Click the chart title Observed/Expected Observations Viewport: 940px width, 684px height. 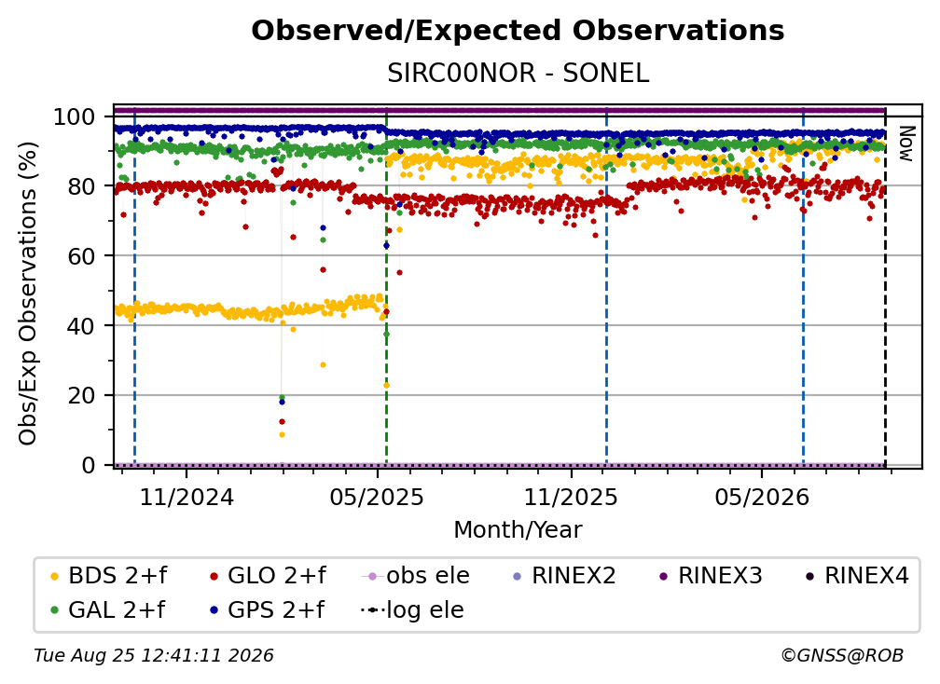518,31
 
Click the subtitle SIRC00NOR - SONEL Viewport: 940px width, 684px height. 518,73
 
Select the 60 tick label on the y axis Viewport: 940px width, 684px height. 81,255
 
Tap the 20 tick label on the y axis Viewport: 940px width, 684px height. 81,395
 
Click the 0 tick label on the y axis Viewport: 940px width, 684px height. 88,465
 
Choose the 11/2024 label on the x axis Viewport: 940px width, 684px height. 187,497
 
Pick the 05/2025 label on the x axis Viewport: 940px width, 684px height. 377,497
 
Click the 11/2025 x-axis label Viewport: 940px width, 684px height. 571,497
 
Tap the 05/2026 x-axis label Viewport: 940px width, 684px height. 761,497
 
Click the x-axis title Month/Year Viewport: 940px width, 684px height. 518,529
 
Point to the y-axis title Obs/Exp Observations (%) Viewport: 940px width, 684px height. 28,293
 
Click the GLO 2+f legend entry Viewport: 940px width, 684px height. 268,576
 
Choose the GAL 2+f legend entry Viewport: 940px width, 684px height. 108,609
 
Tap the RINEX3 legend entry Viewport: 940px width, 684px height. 711,576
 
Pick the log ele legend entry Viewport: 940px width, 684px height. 412,609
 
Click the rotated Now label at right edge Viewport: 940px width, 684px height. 905,144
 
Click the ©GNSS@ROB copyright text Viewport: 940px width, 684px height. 842,655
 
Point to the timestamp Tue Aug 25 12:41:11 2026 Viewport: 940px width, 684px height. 154,655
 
